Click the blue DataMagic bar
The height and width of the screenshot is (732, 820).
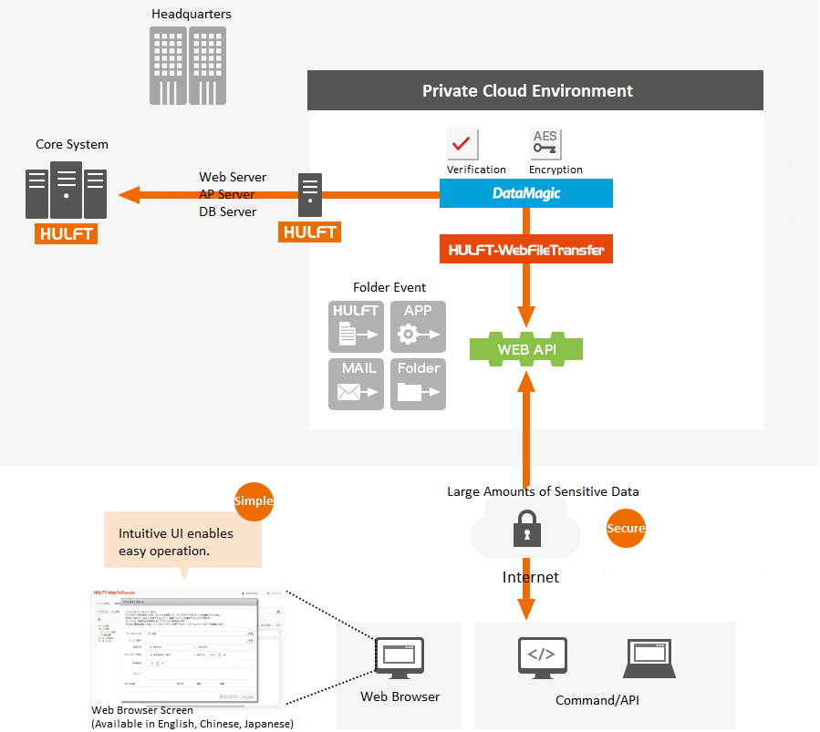coord(526,193)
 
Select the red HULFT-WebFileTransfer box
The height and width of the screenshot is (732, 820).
coord(526,249)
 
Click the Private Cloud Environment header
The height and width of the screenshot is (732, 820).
coord(535,91)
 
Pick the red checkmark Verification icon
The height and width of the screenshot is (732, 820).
coord(462,144)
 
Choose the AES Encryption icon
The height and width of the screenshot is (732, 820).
coord(545,144)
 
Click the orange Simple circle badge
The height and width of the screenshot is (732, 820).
coord(254,501)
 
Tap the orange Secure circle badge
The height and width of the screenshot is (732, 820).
coord(626,528)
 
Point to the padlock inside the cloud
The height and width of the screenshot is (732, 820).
coord(525,528)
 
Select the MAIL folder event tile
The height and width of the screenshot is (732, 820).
coord(356,384)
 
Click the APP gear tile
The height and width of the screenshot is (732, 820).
coord(418,326)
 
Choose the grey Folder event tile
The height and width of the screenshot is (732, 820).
coord(418,384)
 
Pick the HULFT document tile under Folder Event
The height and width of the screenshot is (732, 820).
coord(356,326)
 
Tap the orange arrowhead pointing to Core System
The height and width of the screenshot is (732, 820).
coord(129,194)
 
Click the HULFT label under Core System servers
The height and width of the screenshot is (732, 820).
coord(67,233)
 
